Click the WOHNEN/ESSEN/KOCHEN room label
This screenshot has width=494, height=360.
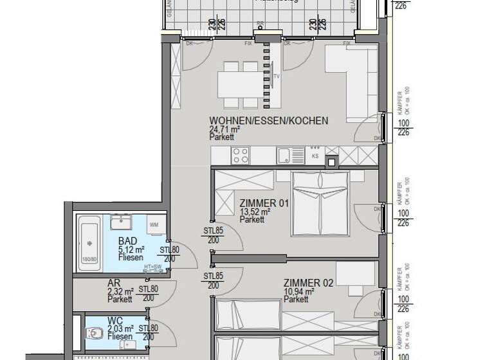268,120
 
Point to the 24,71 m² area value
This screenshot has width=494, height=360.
224,129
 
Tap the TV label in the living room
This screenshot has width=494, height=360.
277,75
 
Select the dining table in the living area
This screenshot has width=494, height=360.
239,83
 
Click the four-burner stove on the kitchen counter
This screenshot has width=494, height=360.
241,155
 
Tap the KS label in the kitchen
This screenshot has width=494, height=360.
315,156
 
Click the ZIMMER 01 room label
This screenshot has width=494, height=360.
264,203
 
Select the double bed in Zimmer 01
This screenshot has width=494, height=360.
319,203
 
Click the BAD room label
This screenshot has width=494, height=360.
127,241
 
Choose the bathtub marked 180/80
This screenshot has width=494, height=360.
89,241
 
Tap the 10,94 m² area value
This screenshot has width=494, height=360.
299,291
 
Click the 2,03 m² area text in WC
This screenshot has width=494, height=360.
121,328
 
